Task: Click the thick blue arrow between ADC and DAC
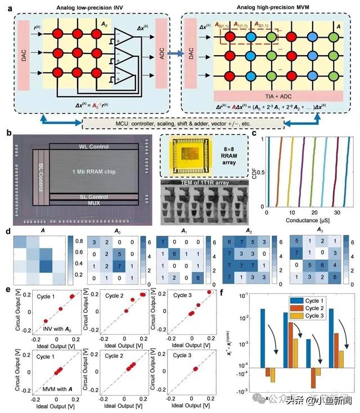coord(175,54)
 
